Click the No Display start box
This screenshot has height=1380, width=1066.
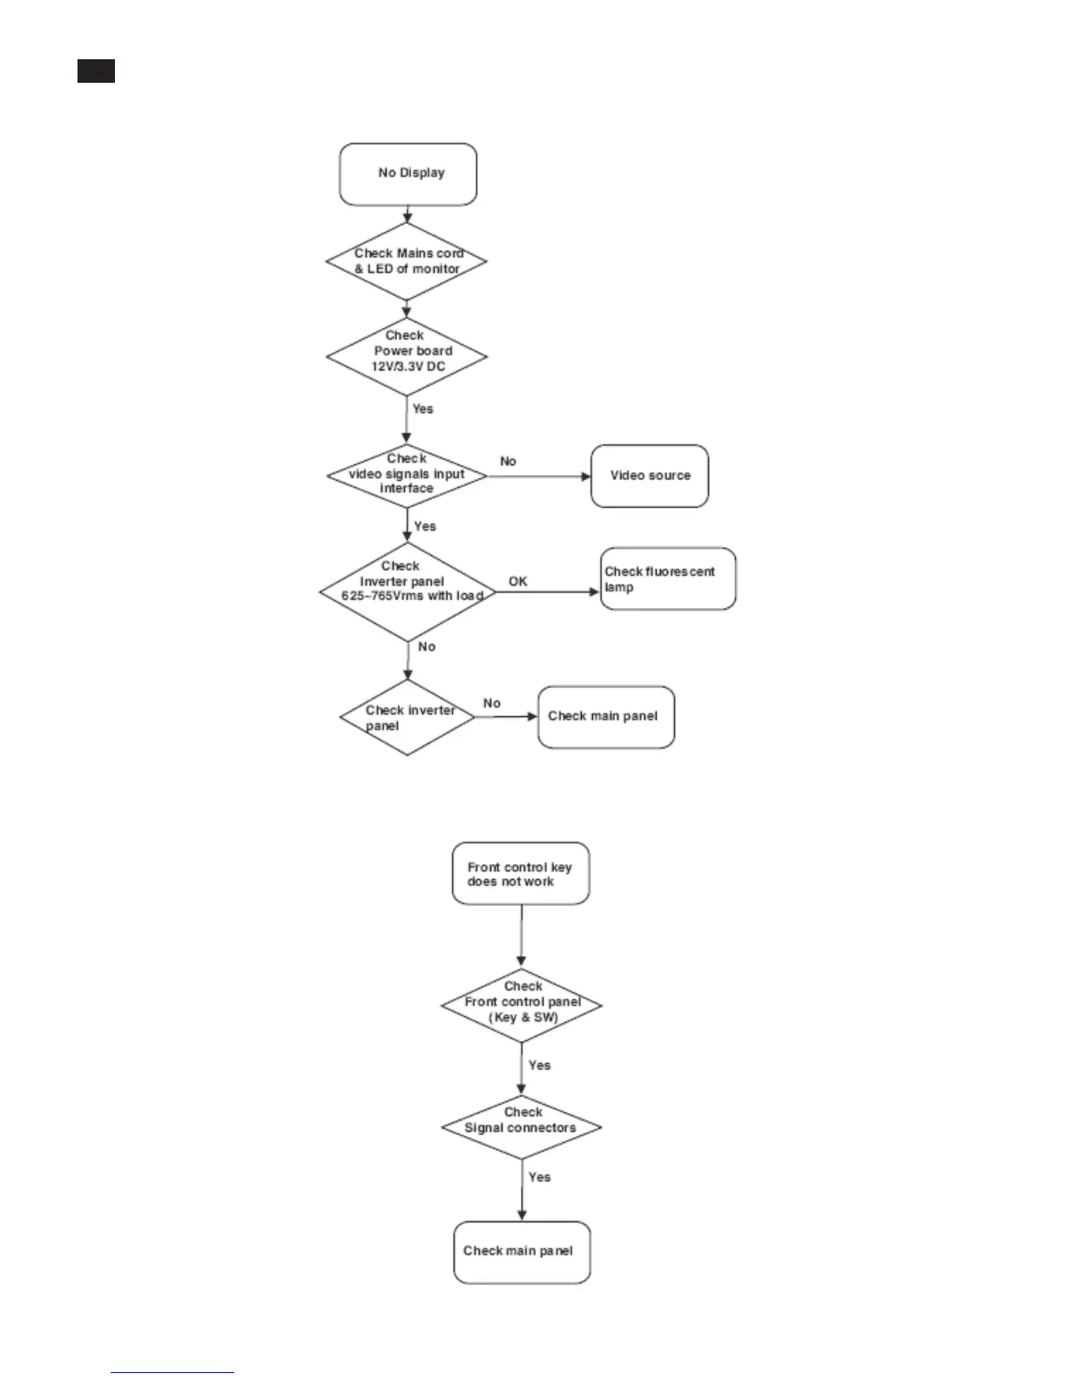[x=408, y=174]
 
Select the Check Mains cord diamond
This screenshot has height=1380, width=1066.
[x=407, y=261]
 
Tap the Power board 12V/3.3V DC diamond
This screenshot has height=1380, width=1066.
[x=407, y=356]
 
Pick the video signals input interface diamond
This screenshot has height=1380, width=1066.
[x=407, y=475]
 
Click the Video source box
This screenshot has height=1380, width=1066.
[x=650, y=476]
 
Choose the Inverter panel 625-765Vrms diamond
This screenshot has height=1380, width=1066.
[x=407, y=592]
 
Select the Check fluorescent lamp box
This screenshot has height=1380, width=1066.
[x=668, y=578]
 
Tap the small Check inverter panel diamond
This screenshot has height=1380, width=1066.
[x=407, y=718]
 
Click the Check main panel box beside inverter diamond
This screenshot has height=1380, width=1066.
[x=605, y=717]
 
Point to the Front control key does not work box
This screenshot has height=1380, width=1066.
[x=520, y=873]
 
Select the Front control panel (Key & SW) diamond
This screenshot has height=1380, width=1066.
[x=522, y=1005]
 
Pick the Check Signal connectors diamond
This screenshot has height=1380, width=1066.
[x=522, y=1126]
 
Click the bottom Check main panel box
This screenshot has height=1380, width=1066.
[x=522, y=1252]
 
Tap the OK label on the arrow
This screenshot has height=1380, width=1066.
[x=518, y=581]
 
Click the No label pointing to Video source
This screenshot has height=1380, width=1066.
[x=508, y=461]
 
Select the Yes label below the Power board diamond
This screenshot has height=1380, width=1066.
[x=422, y=409]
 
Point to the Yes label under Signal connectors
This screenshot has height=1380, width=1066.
[x=539, y=1177]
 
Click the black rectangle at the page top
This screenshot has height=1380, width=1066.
[x=96, y=71]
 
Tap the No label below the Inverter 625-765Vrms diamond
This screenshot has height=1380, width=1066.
[x=426, y=646]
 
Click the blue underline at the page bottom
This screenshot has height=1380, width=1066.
[x=172, y=1372]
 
